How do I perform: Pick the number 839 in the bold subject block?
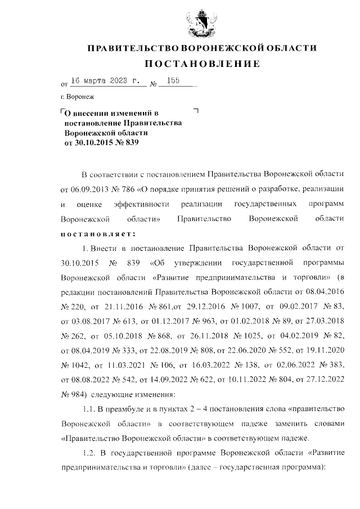click(129, 142)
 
